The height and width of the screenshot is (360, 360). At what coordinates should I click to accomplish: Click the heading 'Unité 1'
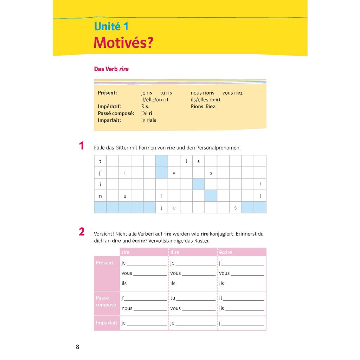point(111,27)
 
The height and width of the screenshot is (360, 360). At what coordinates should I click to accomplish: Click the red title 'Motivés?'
point(123,43)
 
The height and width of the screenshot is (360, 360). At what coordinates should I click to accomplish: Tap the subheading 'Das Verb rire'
point(111,69)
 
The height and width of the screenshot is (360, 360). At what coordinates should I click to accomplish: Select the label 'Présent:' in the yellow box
point(107,93)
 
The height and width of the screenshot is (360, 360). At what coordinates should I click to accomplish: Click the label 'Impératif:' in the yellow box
point(109,107)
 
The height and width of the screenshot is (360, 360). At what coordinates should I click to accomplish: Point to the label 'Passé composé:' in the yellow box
point(116,113)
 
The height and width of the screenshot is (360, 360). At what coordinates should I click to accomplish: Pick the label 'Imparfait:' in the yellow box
point(109,120)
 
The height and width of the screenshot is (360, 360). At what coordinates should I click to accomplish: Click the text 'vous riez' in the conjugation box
point(232,93)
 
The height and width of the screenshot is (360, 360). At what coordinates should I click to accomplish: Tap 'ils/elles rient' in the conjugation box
point(206,100)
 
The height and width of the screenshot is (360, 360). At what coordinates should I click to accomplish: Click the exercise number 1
point(82,146)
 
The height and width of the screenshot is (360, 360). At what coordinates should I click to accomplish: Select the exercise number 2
point(82,232)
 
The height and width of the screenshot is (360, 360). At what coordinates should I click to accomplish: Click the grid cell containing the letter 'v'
point(174,173)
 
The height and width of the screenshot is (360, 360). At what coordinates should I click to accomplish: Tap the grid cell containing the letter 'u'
point(125,196)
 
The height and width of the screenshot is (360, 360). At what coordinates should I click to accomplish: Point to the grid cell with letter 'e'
point(174,208)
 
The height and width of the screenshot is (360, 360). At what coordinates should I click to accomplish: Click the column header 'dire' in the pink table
point(175,252)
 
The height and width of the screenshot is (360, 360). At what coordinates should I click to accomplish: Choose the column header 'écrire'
point(225,252)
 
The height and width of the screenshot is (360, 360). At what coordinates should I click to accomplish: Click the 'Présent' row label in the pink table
point(105,263)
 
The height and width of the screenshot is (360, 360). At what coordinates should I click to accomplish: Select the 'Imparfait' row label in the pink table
point(106,323)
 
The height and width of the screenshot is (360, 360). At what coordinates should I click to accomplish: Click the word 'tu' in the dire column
point(173,298)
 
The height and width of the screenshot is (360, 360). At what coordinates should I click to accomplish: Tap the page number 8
point(78,347)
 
